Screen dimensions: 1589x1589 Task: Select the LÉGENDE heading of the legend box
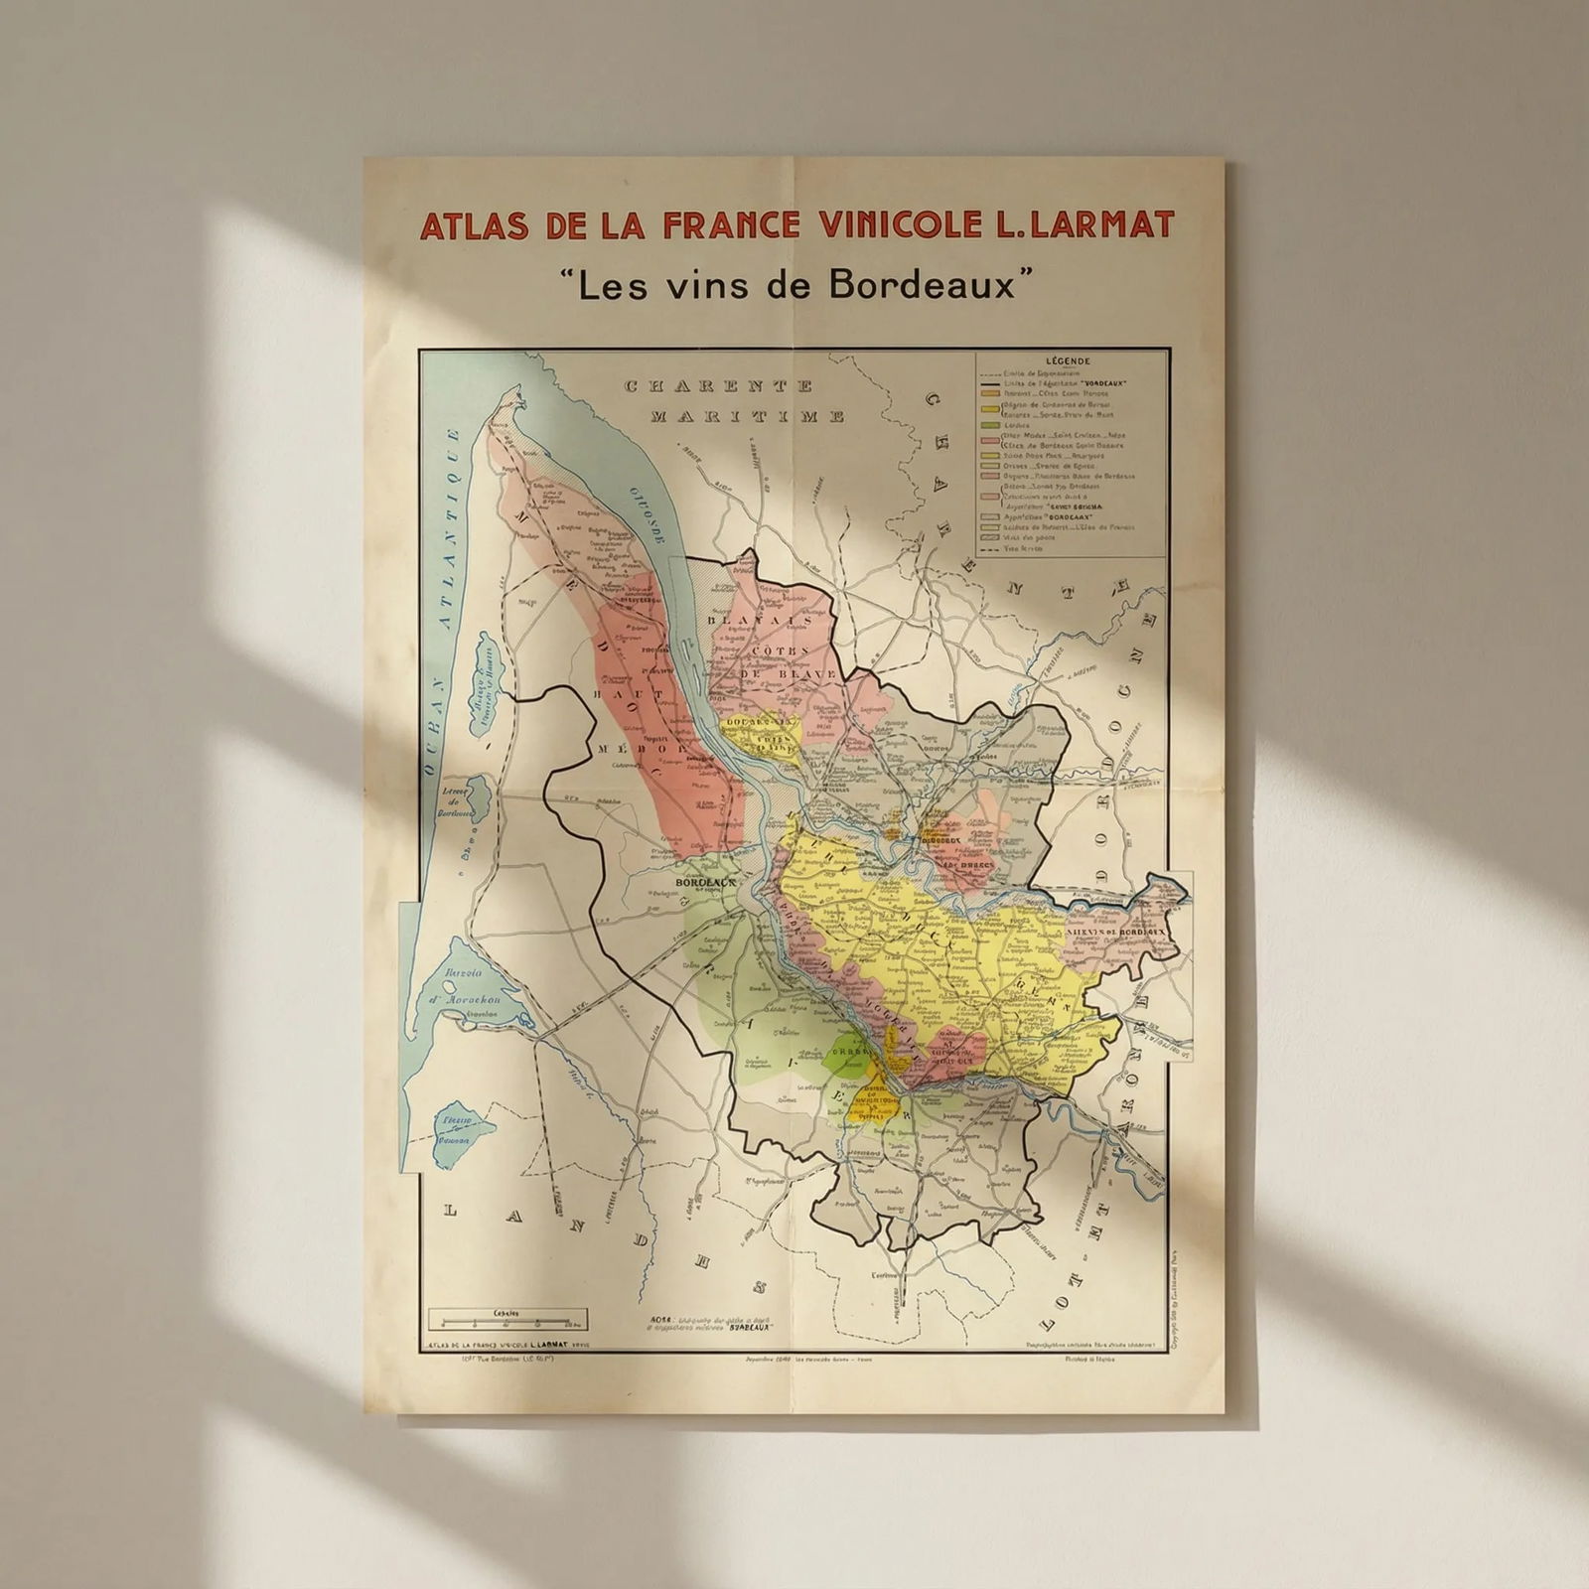[x=1069, y=361]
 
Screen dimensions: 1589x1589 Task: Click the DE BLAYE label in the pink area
[x=775, y=674]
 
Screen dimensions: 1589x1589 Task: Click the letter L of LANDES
[x=451, y=1211]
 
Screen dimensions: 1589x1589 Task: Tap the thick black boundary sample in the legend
[x=989, y=383]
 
